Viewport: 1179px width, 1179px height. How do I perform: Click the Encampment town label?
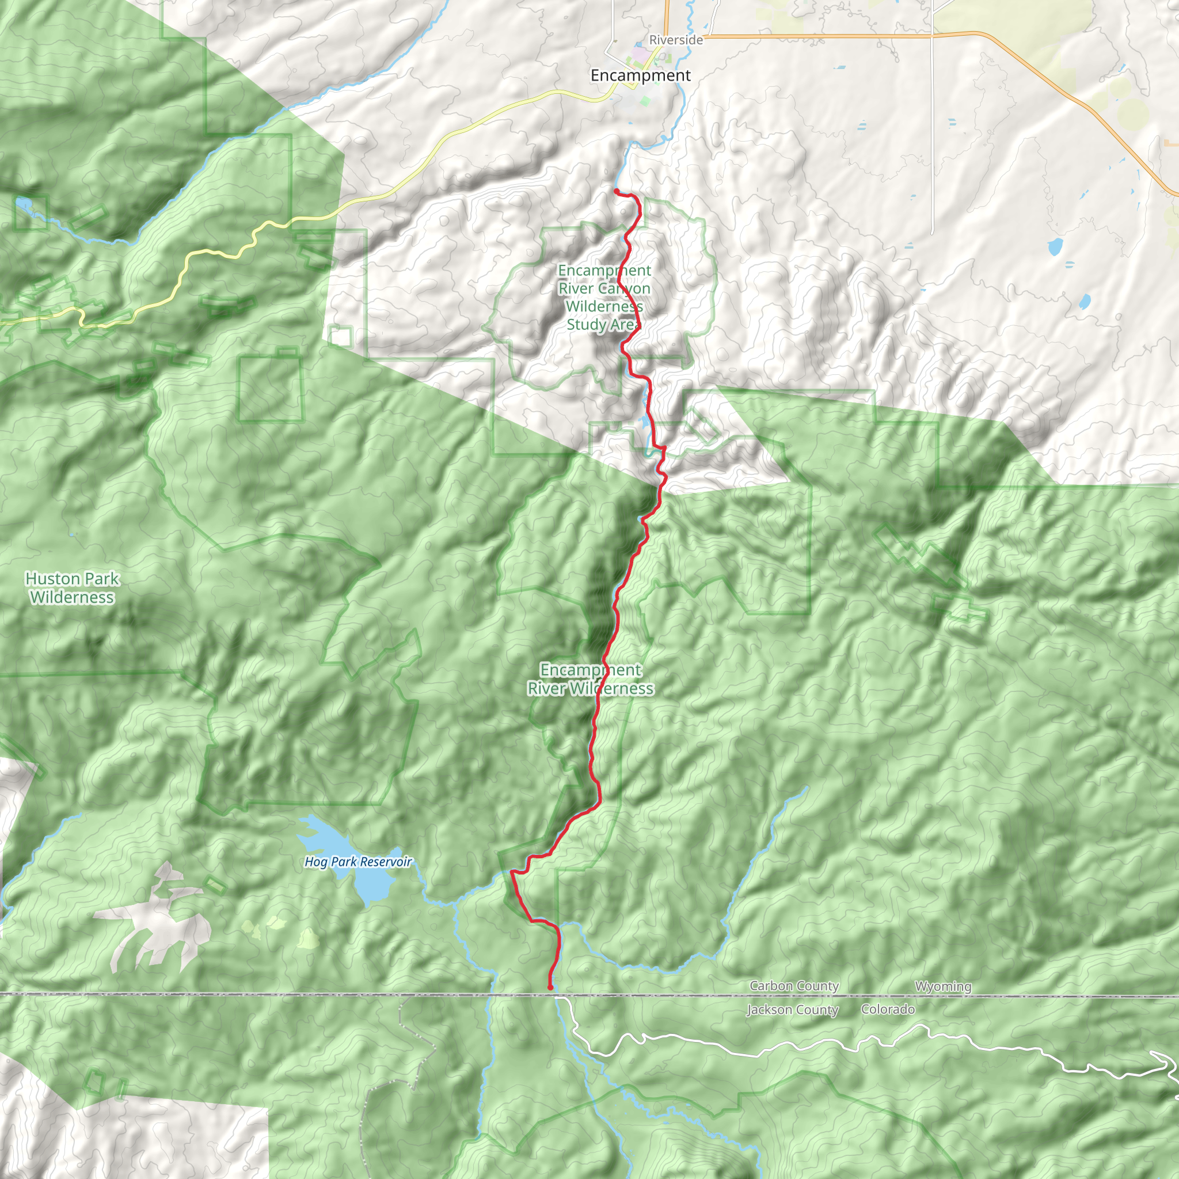coord(640,75)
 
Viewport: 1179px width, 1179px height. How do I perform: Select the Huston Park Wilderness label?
coord(72,588)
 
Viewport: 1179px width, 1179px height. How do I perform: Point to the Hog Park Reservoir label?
coord(358,862)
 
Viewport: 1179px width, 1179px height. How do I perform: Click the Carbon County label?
coord(794,986)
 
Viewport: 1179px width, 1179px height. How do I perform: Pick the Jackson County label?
coord(792,1010)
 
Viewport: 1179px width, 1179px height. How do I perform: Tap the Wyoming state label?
coord(943,987)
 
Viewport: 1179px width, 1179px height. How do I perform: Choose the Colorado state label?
coord(887,1009)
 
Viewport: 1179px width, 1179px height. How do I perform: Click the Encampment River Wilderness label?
coord(590,679)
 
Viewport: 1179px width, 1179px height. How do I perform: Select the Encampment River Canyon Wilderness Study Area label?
coord(603,297)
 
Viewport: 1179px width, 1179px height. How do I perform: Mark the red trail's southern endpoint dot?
coord(550,987)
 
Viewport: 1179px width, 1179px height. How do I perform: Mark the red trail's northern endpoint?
coord(616,192)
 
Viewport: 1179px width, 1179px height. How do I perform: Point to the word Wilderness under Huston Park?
coord(72,598)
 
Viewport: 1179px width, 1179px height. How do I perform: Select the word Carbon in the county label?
coord(771,986)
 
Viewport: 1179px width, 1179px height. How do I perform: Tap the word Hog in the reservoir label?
coord(315,862)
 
